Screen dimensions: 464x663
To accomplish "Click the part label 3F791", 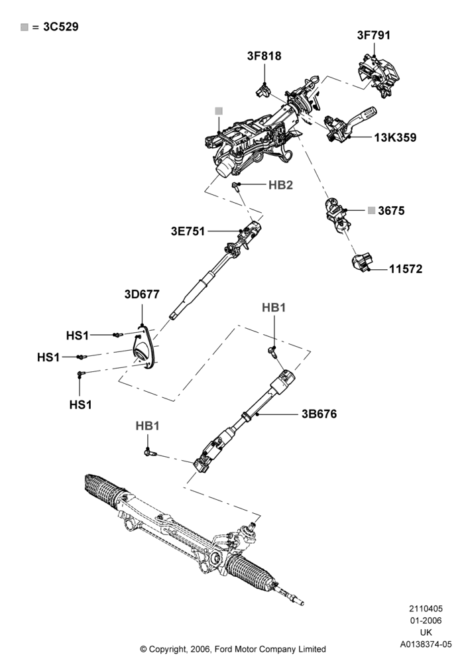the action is [374, 35].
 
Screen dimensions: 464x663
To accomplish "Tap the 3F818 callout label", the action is [264, 56].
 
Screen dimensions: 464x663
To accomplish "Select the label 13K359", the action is [395, 137].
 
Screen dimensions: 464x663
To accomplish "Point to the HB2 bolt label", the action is [280, 185].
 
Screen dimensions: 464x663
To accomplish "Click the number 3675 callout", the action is [391, 211].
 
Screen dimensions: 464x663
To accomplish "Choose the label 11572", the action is [406, 269].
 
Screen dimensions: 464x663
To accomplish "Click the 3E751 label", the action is [188, 231].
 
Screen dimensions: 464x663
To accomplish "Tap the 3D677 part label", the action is [142, 294].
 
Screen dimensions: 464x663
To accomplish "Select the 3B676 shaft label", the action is [319, 414].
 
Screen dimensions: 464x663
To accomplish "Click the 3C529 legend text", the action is [61, 27].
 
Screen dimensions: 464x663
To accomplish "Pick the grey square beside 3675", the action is [371, 211].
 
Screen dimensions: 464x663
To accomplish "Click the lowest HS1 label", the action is [80, 404].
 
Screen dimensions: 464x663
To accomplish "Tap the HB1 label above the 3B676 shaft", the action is [274, 308].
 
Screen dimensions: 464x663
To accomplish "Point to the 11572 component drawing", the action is [362, 262].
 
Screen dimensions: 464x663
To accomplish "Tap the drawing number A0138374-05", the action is [426, 644].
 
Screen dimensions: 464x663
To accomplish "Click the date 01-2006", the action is [426, 621].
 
